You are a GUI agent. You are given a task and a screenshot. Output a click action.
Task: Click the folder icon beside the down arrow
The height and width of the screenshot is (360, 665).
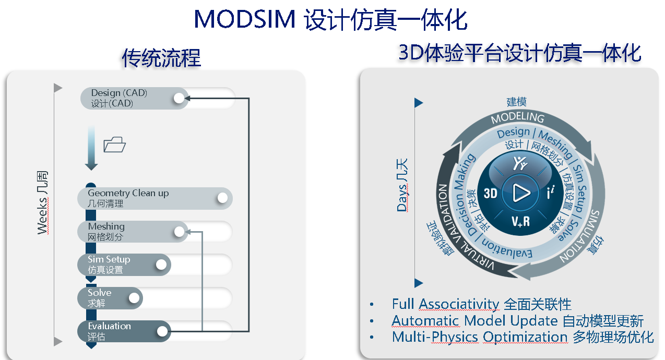pos(115,145)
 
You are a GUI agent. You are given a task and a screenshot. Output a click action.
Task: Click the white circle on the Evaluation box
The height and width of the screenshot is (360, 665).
pos(162,331)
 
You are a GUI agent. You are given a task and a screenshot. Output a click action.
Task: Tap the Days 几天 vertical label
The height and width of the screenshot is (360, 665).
pos(402,188)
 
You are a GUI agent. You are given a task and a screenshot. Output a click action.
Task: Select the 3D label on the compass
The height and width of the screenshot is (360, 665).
pos(491,194)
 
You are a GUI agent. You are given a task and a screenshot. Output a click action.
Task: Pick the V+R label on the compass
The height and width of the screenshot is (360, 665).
pos(520,221)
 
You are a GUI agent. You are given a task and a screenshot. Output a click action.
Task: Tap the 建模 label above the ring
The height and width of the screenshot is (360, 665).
pos(517,102)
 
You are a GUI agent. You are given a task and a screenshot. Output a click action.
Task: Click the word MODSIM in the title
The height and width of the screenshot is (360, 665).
pos(244,20)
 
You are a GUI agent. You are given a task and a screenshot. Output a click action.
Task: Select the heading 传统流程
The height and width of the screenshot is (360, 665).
pos(161,58)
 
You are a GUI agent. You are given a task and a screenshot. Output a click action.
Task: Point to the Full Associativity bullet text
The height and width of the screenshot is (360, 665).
pos(445,304)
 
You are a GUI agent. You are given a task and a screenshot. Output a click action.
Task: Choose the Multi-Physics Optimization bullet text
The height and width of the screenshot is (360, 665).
pos(479,337)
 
